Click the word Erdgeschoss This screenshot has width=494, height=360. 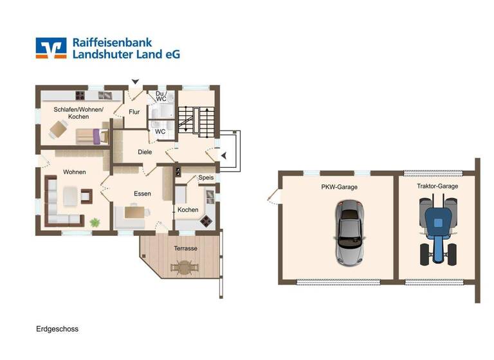point(57,328)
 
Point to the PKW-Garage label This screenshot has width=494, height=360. point(340,186)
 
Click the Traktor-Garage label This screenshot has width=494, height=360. point(437,186)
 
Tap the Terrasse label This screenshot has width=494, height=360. point(185,248)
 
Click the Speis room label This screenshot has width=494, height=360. point(206,177)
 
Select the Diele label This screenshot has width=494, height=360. point(145,152)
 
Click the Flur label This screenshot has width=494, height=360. point(134,113)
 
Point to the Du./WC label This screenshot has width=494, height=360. point(161,97)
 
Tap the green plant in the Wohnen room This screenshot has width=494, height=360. point(95,222)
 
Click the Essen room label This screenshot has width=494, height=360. point(142,194)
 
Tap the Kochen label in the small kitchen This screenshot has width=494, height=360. point(188,210)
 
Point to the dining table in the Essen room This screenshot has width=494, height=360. point(133,212)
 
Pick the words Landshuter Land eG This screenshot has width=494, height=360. point(126,55)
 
